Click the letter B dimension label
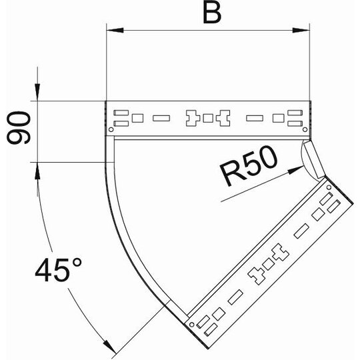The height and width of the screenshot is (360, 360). click(212, 14)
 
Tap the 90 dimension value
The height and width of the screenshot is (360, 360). click(19, 127)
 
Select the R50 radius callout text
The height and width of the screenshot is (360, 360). click(249, 165)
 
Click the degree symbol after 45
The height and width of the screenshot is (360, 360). click(77, 263)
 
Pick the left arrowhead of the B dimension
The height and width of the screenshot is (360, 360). click(115, 30)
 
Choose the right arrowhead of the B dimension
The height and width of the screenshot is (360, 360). click(301, 30)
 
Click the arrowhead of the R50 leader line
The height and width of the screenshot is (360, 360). click(296, 170)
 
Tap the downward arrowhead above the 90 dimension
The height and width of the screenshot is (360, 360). click(37, 92)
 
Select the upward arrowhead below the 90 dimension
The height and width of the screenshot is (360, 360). click(37, 171)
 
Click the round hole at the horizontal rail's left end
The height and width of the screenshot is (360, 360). click(111, 130)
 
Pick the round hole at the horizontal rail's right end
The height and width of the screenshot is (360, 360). click(305, 130)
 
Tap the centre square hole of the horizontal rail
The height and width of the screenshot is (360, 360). click(208, 118)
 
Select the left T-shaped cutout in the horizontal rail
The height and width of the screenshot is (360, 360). click(193, 118)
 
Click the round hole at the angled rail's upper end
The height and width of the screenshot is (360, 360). click(329, 187)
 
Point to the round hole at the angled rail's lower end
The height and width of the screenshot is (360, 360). click(192, 325)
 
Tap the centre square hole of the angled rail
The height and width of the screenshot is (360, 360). click(269, 264)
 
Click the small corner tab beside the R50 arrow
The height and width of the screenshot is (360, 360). click(314, 159)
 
